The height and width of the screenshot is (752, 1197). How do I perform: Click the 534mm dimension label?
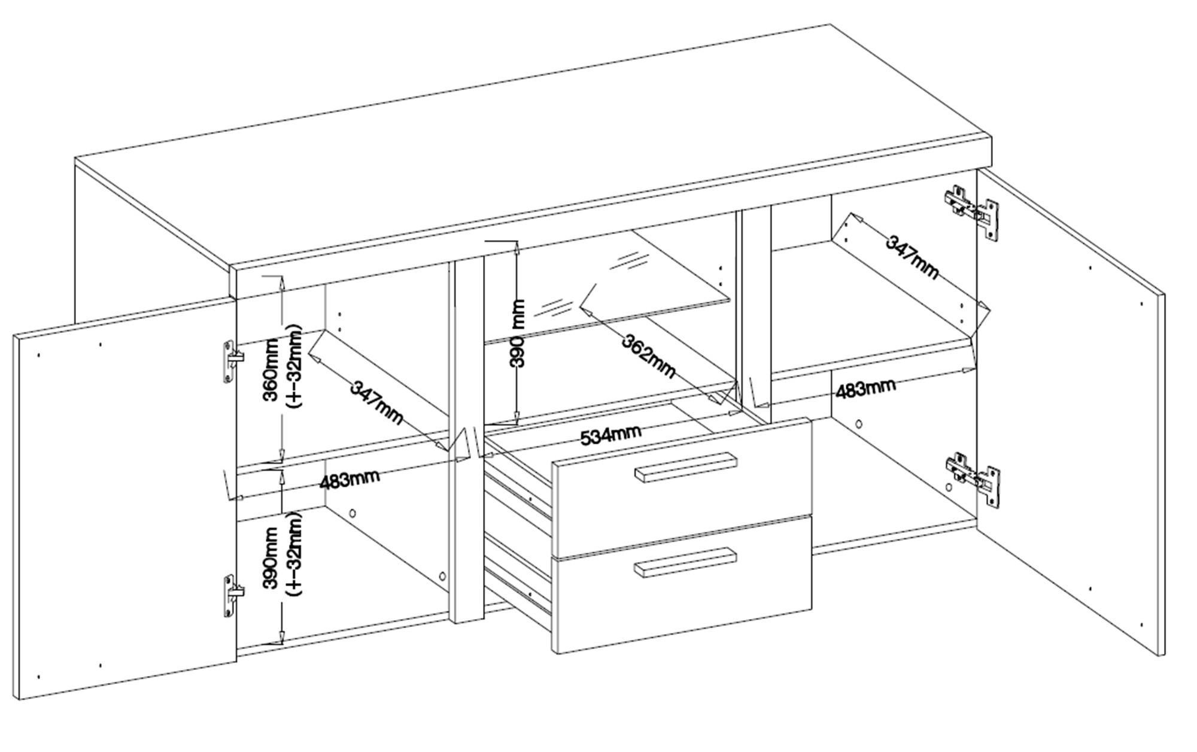click(x=610, y=435)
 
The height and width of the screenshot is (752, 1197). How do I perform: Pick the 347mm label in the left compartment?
click(x=376, y=402)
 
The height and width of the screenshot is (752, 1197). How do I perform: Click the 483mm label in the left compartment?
click(x=350, y=479)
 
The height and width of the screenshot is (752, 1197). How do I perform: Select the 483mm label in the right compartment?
click(x=865, y=389)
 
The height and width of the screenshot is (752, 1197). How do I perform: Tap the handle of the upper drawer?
click(x=685, y=466)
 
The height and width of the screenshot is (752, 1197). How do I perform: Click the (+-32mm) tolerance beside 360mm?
click(x=295, y=366)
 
